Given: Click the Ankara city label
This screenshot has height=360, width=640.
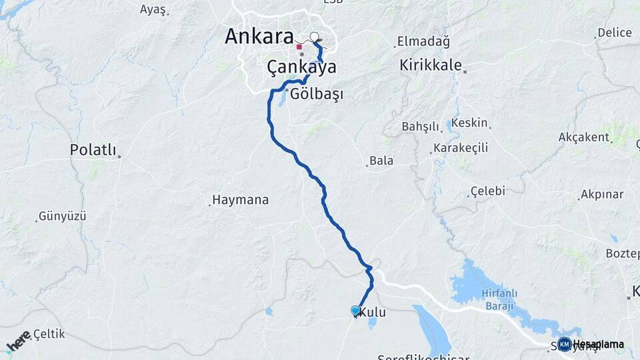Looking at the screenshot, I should (259, 37).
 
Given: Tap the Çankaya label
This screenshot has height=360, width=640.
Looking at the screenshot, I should (301, 67).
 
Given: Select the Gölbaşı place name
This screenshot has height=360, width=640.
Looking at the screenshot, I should (317, 95).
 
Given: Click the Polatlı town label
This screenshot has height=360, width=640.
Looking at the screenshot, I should (93, 150).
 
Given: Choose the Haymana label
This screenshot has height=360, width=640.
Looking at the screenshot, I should (240, 199).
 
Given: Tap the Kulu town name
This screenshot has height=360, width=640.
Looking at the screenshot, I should (373, 312).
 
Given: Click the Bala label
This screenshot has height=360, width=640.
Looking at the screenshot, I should (381, 161).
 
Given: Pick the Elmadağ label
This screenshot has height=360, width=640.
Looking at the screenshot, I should (423, 41).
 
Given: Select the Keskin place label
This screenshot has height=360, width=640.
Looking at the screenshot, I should (470, 123).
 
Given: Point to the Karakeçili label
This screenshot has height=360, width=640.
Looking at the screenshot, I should (461, 147).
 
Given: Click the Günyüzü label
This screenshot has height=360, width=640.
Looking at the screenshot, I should (63, 216).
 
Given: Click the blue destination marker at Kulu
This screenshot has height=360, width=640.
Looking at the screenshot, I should (355, 310).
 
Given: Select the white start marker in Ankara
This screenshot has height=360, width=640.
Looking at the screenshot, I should (315, 37).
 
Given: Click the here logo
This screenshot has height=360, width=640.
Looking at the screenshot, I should (19, 341).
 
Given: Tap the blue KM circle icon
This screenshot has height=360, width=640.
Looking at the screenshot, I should (564, 344).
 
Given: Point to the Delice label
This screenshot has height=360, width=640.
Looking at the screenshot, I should (615, 32).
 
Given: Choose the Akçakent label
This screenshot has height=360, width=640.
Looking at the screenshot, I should (584, 137).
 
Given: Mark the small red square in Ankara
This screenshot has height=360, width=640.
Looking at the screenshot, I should (299, 47).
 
